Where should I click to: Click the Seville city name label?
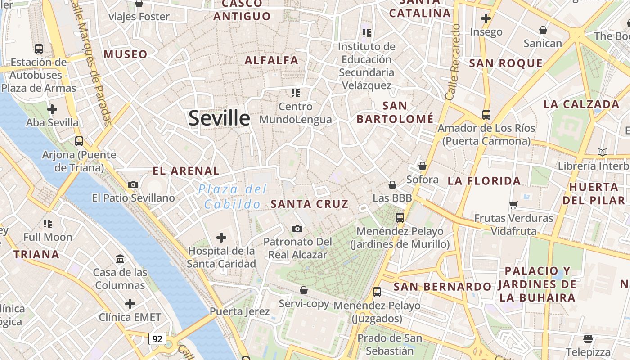[x=219, y=118]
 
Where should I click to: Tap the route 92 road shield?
[x=157, y=339]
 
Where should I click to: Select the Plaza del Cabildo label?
[x=232, y=197]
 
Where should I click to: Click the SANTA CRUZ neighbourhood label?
[x=310, y=204]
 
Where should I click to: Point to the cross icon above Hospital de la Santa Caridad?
[x=221, y=237]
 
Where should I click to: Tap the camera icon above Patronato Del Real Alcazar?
[x=297, y=229]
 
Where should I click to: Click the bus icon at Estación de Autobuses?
[x=39, y=49]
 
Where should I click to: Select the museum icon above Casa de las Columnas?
[x=120, y=259]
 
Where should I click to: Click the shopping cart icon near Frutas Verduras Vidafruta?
[x=513, y=205]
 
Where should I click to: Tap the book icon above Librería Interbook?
[x=603, y=152]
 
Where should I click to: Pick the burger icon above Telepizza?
[x=588, y=338]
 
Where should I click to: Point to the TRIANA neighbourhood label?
[x=36, y=254]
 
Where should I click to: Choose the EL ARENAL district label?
[x=186, y=171]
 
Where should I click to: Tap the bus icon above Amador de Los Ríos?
[x=486, y=114]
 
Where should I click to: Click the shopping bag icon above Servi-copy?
[x=304, y=290]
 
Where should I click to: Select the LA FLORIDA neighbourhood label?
[x=484, y=181]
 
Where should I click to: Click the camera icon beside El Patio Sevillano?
[x=133, y=184]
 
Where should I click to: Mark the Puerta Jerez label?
[x=239, y=311]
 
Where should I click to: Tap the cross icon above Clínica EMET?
[x=130, y=304]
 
